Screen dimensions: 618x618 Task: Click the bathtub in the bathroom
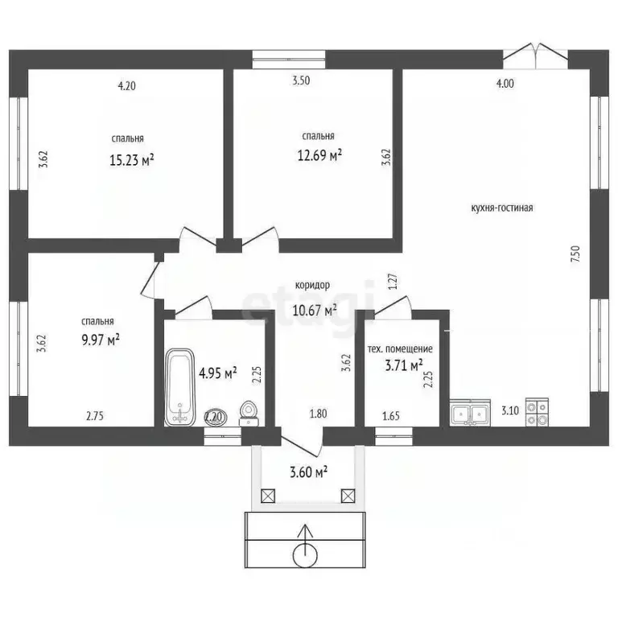179,387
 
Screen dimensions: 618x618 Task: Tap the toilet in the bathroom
249,413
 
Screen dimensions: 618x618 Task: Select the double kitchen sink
470,412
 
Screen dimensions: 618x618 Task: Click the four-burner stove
537,412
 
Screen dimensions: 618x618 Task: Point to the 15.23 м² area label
132,160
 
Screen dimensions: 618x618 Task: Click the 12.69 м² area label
319,154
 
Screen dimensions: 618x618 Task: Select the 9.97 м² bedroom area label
101,340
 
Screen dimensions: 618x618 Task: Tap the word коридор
312,285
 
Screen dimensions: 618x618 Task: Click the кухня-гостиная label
502,208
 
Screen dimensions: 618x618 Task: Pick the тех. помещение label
400,348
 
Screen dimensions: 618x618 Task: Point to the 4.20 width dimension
127,85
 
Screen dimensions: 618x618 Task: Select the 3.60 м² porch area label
309,472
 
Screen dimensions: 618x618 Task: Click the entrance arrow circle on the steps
305,555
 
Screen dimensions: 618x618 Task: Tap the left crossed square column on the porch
268,496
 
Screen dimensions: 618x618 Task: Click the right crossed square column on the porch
348,496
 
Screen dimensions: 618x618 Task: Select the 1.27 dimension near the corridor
393,282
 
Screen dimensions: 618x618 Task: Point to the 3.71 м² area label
404,365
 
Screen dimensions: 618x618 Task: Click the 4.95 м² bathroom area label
217,373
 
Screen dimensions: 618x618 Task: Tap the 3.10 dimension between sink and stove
510,410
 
